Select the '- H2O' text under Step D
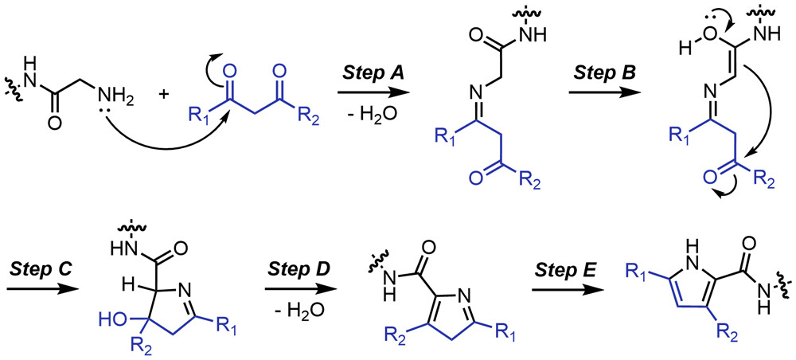290,299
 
